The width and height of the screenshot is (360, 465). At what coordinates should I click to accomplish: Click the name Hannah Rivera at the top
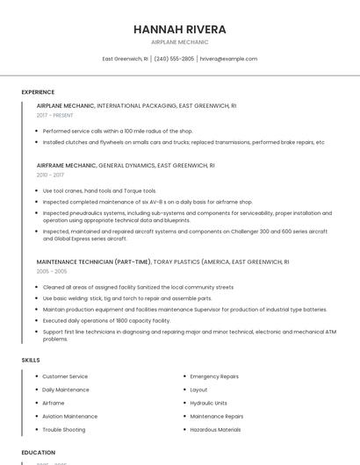click(179, 29)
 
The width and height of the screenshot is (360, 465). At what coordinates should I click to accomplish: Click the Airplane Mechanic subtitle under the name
click(179, 42)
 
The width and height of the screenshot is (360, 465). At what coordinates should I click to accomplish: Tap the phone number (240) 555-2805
click(174, 59)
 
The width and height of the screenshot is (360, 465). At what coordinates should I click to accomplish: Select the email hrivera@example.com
click(228, 59)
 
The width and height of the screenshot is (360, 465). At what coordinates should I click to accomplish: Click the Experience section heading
click(38, 92)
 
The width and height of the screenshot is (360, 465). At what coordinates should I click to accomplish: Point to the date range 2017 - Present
click(54, 115)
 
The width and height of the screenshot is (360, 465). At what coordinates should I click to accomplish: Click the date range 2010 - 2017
click(50, 175)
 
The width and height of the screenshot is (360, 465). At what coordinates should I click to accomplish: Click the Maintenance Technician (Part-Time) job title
click(93, 261)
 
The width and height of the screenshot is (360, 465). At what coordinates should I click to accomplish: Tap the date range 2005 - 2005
click(51, 271)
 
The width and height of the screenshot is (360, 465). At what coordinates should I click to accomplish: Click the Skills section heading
click(31, 360)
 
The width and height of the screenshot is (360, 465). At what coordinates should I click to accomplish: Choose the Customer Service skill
click(65, 376)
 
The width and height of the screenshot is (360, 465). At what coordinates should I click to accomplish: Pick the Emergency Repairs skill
click(214, 376)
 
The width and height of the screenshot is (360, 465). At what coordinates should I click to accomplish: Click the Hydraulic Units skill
click(209, 403)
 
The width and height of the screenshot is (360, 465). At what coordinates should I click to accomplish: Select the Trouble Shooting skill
click(64, 430)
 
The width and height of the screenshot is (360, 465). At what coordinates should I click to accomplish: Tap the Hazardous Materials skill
click(215, 430)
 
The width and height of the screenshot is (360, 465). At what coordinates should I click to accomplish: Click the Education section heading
click(38, 453)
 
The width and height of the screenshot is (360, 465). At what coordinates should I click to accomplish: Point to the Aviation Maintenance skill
click(70, 416)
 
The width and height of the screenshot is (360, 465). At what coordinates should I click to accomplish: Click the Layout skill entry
click(199, 390)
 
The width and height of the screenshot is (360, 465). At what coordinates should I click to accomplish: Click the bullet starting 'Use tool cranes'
click(99, 190)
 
